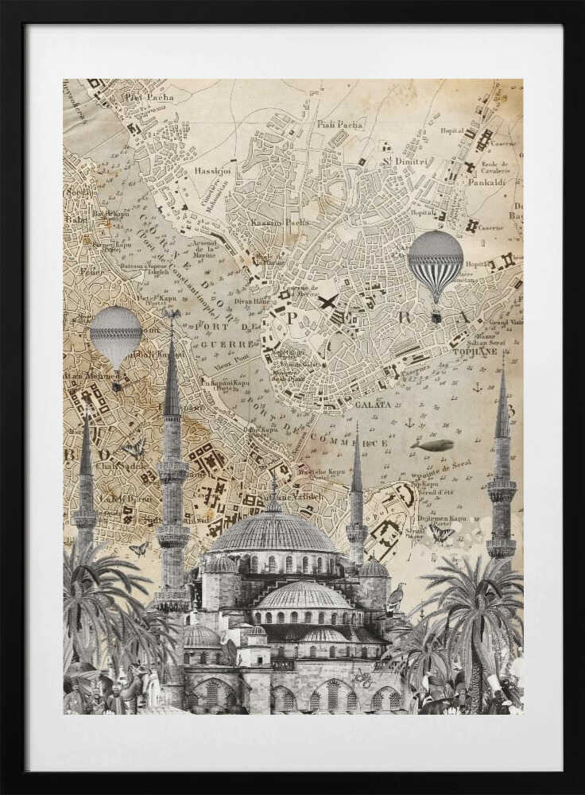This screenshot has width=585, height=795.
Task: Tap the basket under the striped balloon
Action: (436, 317)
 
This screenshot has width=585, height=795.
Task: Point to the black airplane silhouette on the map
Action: (327, 301)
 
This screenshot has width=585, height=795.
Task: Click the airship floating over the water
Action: (433, 446)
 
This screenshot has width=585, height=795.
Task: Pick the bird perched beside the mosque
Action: (395, 598)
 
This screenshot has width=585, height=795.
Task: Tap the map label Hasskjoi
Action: (212, 171)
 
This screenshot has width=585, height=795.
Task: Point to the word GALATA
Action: (373, 404)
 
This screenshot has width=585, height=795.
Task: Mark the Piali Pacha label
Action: (340, 124)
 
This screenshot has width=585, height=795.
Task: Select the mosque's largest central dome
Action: (273, 533)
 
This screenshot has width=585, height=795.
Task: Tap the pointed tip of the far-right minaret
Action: (503, 367)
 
